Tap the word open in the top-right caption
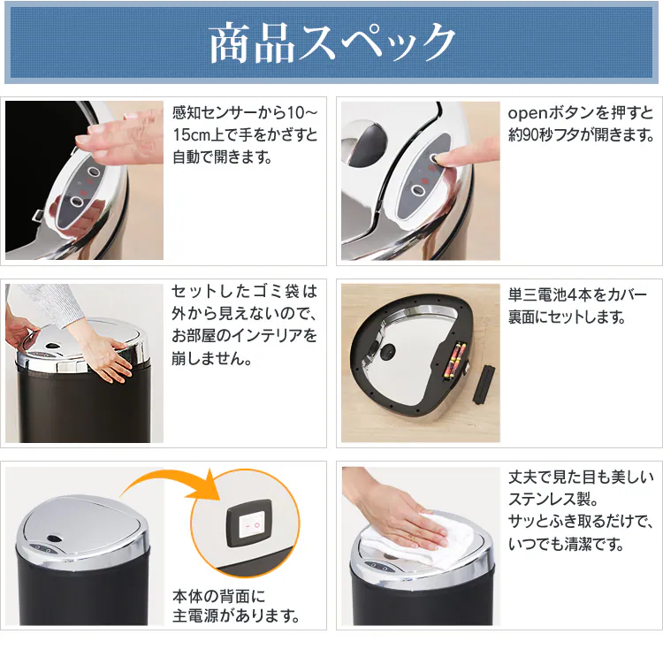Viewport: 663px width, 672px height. [x=528, y=113]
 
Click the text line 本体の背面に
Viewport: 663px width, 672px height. [x=218, y=594]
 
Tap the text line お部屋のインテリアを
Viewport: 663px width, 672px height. [x=244, y=337]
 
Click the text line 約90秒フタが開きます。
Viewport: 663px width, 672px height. [x=581, y=136]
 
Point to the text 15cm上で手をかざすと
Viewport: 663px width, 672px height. [x=245, y=136]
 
